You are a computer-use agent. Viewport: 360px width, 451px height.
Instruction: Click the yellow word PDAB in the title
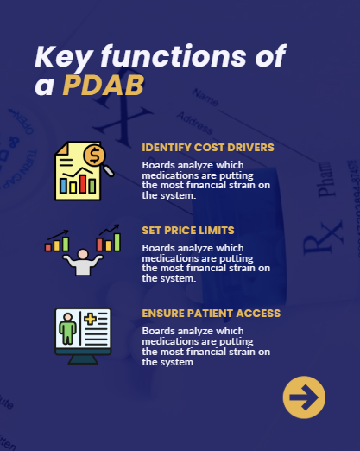[x=104, y=85]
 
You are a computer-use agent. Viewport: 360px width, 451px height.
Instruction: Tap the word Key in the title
[x=64, y=56]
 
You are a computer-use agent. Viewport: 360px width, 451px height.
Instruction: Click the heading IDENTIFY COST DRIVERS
[x=208, y=148]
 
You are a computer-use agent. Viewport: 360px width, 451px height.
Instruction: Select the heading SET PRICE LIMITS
[x=188, y=231]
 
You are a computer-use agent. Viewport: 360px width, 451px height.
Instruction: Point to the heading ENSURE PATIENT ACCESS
[x=212, y=314]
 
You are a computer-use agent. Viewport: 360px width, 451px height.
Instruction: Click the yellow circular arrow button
[x=304, y=397]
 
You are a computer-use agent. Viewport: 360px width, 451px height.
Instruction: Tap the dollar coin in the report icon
[x=94, y=156]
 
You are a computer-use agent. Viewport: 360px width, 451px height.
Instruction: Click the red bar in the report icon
[x=83, y=184]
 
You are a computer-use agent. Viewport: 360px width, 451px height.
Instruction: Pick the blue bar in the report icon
[x=63, y=186]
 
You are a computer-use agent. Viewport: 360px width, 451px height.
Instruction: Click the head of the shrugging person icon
[x=83, y=254]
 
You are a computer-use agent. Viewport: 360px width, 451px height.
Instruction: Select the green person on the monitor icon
[x=67, y=328]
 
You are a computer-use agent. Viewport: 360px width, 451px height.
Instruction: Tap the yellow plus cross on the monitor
[x=90, y=320]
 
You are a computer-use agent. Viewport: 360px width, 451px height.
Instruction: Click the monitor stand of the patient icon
[x=83, y=359]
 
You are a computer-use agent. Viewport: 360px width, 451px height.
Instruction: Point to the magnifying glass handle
[x=109, y=170]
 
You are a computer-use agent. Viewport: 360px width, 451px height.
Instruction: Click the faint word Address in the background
[x=195, y=124]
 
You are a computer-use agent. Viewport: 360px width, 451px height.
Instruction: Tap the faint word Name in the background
[x=205, y=98]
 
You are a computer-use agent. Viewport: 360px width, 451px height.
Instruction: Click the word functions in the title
[x=174, y=56]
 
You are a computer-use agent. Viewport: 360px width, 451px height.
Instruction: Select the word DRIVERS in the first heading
[x=250, y=148]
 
